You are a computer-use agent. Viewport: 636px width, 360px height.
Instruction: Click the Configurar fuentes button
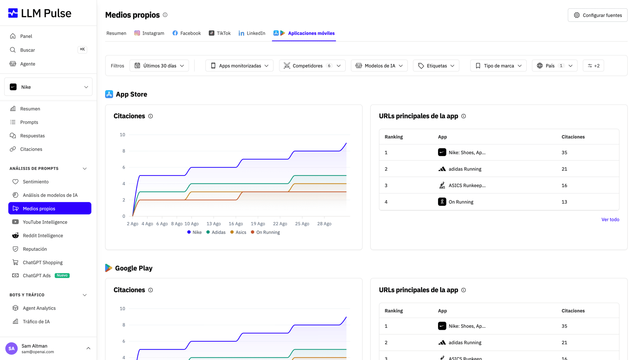(x=597, y=15)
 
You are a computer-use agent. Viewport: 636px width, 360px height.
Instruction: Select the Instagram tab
(x=149, y=33)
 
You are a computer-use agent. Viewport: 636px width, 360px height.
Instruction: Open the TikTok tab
(x=220, y=33)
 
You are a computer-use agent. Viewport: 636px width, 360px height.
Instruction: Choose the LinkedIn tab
(x=252, y=33)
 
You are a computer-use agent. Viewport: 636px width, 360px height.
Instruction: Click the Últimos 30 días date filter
(x=159, y=65)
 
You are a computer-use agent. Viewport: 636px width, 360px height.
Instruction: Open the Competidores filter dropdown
(x=312, y=65)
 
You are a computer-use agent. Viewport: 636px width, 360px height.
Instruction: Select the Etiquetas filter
(x=436, y=65)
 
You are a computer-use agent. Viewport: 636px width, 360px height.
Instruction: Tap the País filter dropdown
(x=554, y=65)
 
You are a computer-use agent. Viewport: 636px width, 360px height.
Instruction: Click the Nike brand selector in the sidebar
(x=48, y=87)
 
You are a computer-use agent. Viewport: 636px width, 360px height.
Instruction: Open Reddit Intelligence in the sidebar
(x=43, y=235)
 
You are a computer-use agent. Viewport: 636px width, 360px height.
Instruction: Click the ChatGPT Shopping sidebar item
(x=43, y=262)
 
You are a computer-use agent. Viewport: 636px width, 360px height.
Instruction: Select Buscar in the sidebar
(x=28, y=50)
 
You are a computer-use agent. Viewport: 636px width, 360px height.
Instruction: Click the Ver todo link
(x=610, y=219)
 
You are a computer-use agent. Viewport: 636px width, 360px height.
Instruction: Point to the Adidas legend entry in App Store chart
(x=216, y=232)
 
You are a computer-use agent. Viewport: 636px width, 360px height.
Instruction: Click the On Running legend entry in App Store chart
(x=265, y=232)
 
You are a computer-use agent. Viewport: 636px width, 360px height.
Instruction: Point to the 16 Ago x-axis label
(x=236, y=224)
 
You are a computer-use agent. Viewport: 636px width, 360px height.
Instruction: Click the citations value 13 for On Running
(x=564, y=202)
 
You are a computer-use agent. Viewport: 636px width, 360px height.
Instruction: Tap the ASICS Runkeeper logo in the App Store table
(x=442, y=185)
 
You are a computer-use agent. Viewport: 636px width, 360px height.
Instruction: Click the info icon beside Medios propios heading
(x=165, y=15)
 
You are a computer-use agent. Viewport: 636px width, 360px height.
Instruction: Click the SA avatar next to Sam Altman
(x=11, y=348)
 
